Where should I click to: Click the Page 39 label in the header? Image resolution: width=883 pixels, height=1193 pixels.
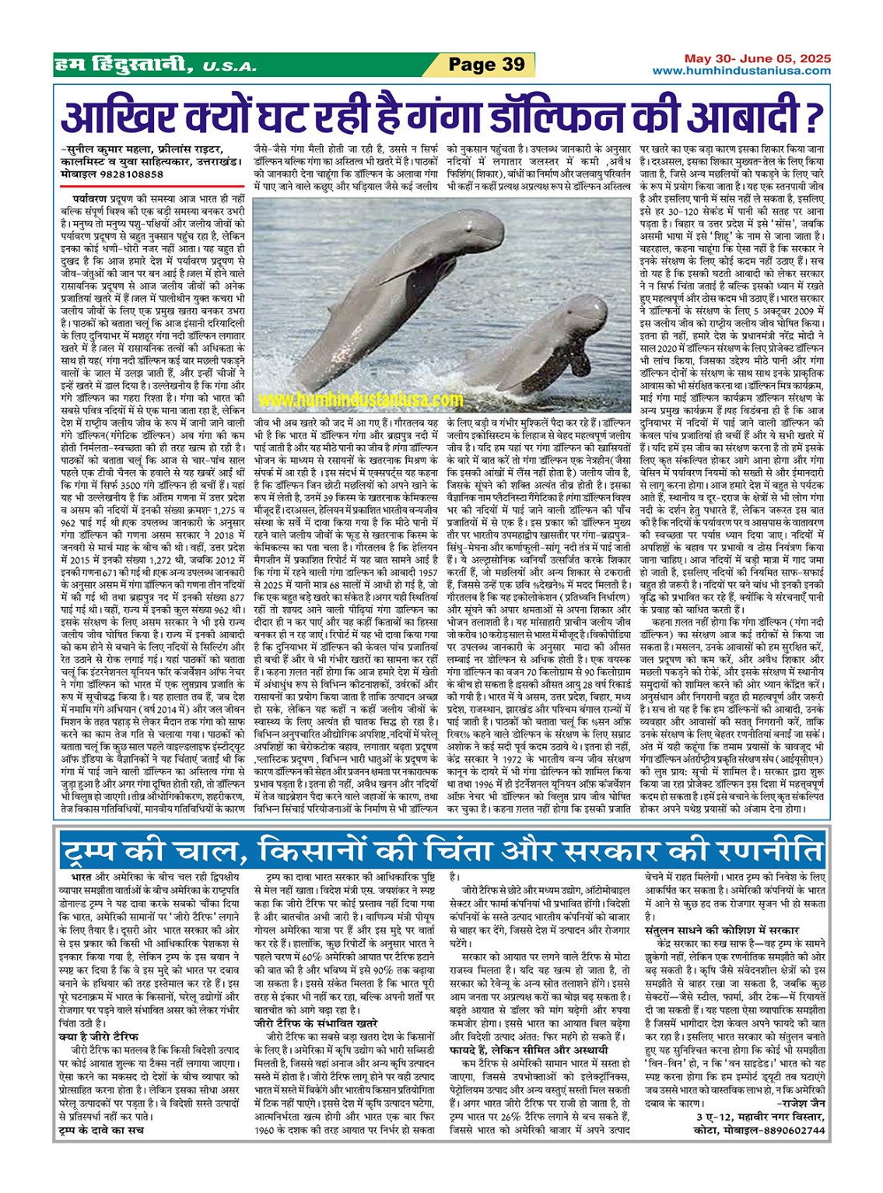pos(487,65)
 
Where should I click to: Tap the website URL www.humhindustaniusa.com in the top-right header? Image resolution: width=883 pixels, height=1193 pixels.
pos(741,71)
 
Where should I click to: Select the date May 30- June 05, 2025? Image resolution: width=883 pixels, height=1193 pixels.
pos(757,58)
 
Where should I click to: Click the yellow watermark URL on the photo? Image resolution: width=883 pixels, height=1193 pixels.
pos(360,400)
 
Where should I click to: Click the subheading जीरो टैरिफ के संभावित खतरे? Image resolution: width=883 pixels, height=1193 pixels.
pos(316,1024)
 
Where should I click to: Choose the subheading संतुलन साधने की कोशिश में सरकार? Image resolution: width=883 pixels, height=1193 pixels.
pos(722,929)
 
